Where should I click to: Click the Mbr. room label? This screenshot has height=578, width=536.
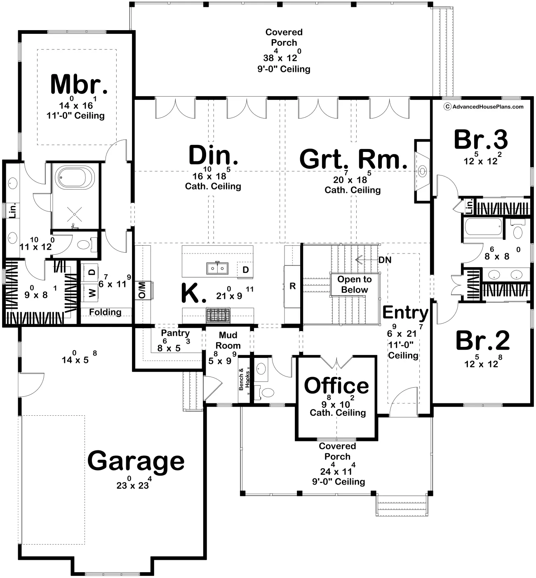coord(79,84)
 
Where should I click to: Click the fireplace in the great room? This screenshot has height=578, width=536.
coord(422,171)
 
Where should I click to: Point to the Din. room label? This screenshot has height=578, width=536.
coord(213,156)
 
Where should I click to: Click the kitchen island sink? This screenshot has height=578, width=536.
coord(217,268)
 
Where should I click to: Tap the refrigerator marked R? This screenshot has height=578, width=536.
coord(292,286)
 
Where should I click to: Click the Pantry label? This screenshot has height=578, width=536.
coord(175,333)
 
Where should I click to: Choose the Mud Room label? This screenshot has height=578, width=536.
coord(228,340)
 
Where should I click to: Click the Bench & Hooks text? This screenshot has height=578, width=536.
coord(244,379)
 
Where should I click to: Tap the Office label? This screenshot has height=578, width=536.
coord(336,386)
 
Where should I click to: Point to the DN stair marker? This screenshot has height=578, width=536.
coord(385,260)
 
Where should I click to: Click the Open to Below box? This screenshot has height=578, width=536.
coord(354,284)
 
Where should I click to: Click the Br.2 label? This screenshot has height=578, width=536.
coord(482,341)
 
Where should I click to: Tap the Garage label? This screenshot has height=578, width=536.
coord(136,461)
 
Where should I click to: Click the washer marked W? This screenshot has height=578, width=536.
coord(92,293)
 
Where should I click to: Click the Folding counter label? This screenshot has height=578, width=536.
coord(105,312)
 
